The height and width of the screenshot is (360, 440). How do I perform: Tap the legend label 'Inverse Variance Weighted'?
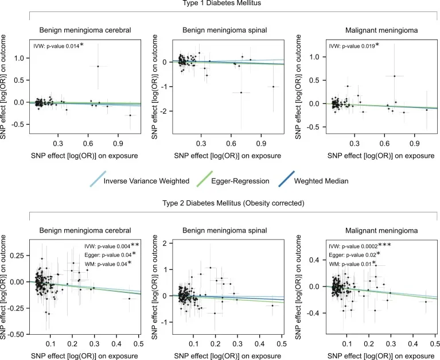coord(146,181)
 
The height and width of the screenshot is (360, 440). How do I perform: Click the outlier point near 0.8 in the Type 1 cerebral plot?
coord(98,67)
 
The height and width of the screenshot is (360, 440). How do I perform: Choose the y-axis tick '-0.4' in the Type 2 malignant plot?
coord(315,313)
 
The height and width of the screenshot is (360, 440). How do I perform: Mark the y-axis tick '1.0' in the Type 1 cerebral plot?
coord(19,58)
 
